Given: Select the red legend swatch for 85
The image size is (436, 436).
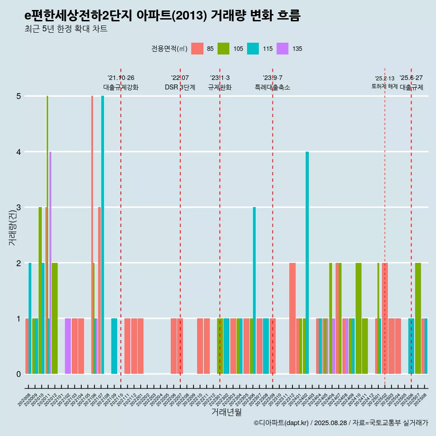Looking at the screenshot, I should (197, 49).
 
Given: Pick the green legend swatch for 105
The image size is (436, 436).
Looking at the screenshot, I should (223, 49).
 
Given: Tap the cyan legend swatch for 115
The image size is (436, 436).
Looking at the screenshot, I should (253, 49).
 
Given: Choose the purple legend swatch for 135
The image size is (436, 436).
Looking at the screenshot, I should (282, 49).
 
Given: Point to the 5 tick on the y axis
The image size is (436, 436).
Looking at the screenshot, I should (19, 96).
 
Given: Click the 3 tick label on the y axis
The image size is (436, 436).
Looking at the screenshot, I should (19, 208).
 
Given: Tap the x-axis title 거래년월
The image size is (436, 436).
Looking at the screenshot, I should (226, 412).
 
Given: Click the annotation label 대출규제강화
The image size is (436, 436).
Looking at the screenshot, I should (121, 87).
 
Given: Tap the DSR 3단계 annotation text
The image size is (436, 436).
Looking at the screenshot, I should (180, 87).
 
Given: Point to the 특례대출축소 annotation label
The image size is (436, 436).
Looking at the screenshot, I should (272, 87).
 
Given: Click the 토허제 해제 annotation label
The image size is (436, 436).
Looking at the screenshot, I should (384, 86).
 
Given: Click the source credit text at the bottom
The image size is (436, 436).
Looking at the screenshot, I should (341, 423).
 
